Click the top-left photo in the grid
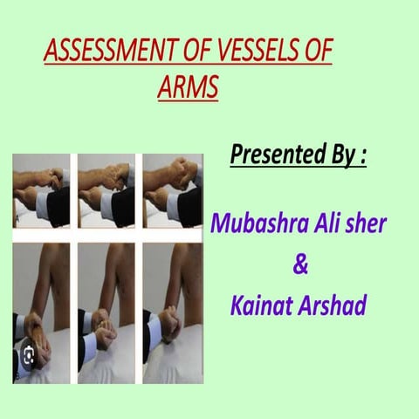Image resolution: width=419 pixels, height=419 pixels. tap(41, 190)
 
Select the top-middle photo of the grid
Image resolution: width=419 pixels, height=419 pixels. tap(106, 190)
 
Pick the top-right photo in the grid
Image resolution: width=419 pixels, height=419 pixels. tap(172, 190)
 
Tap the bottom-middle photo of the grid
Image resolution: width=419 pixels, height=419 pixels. tap(106, 311)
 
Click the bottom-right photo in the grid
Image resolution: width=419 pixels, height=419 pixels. tap(172, 311)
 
